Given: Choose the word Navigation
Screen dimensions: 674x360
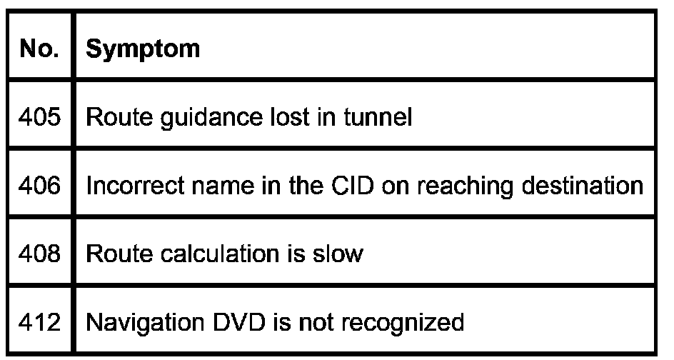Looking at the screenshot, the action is point(134,324).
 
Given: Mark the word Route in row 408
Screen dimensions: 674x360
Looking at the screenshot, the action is point(111,254).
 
